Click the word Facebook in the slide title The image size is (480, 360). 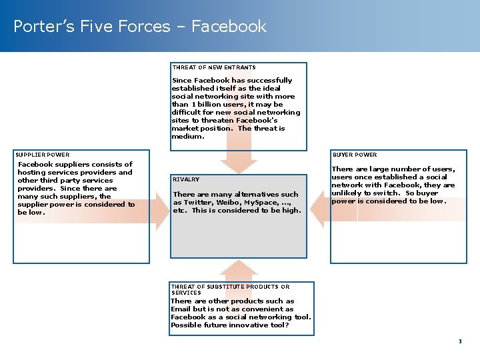(x=229, y=27)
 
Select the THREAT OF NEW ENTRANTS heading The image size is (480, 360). (x=214, y=67)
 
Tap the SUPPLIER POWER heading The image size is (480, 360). (x=43, y=155)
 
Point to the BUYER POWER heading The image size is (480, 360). (x=354, y=155)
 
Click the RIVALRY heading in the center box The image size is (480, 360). (x=186, y=179)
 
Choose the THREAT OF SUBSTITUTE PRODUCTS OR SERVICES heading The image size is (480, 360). (x=230, y=289)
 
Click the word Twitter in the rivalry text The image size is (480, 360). (x=197, y=202)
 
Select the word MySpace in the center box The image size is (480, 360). (x=259, y=202)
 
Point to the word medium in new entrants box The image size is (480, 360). (x=187, y=136)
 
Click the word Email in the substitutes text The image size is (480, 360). (x=180, y=309)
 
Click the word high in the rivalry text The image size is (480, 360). (x=291, y=210)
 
